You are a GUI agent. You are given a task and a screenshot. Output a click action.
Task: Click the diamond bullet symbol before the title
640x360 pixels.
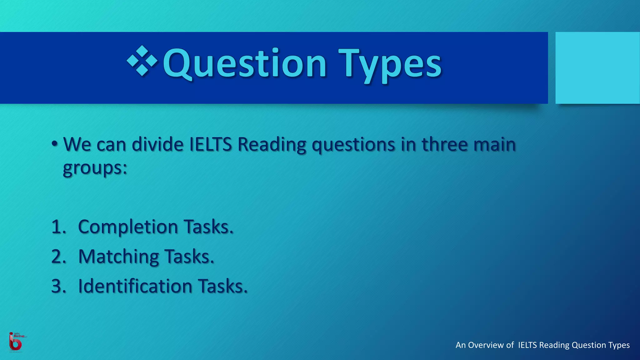[142, 61]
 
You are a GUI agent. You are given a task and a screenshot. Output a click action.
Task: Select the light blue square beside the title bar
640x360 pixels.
[597, 68]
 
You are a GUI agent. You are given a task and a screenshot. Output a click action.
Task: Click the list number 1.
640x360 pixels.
[58, 227]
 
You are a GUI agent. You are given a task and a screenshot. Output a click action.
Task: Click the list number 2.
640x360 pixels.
[58, 257]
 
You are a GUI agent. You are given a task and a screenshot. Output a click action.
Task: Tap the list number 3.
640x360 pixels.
[58, 286]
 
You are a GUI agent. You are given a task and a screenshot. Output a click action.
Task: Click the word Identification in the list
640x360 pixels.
[135, 286]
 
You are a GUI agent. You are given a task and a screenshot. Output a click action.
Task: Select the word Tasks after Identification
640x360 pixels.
[223, 286]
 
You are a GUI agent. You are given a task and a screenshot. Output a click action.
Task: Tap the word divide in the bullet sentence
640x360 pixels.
[157, 144]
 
